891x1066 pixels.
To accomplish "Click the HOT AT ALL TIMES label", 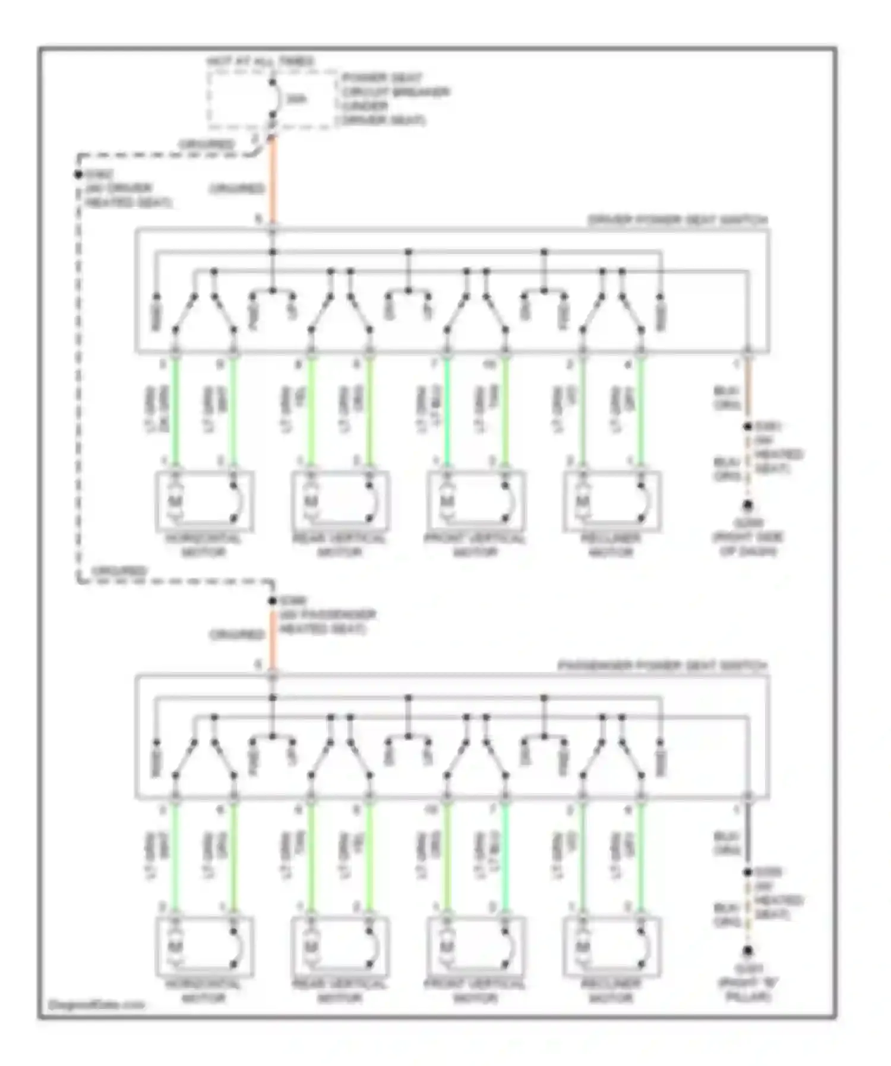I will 260,62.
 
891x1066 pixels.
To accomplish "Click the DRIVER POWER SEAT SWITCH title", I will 677,220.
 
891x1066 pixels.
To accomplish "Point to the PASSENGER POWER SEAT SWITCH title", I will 662,666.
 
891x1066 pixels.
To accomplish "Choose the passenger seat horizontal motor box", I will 204,947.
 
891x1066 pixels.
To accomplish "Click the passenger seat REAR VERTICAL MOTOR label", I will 340,991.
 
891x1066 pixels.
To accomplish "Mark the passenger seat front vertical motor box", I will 476,947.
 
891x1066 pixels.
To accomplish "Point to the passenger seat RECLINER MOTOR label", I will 611,991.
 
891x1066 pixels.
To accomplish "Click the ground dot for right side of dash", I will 747,506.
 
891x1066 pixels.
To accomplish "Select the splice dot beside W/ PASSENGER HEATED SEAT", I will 273,601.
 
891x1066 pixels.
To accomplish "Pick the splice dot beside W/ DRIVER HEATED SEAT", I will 78,175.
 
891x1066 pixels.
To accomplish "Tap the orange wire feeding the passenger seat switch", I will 273,638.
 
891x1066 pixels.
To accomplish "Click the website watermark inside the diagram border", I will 96,1005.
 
